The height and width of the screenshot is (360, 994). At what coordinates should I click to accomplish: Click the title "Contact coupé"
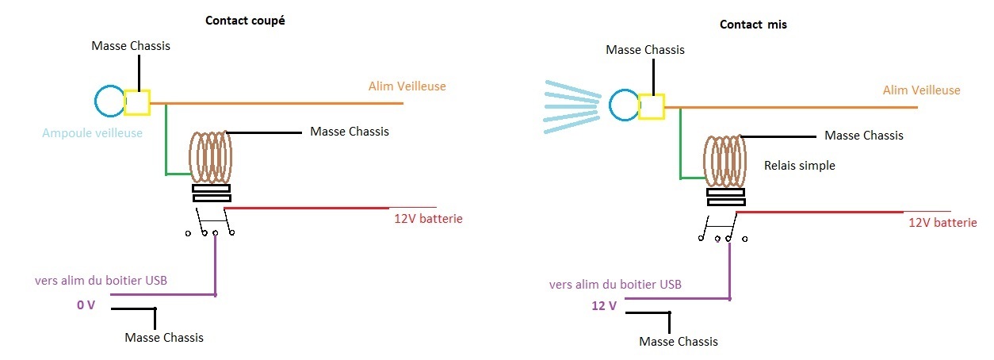click(x=245, y=21)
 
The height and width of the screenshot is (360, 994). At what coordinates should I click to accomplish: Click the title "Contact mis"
click(x=753, y=25)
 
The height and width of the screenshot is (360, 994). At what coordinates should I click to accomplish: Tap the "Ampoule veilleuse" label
click(x=92, y=133)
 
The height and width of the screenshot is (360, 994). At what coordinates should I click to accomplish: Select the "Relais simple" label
click(x=799, y=166)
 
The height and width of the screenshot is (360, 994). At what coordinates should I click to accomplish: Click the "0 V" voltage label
click(x=86, y=305)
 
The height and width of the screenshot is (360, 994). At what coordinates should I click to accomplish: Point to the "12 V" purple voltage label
click(x=603, y=305)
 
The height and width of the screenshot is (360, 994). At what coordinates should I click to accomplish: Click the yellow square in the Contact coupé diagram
click(x=136, y=102)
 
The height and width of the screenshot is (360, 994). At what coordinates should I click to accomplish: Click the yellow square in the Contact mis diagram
click(x=652, y=106)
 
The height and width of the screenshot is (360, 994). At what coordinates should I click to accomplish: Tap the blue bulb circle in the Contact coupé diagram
click(x=95, y=101)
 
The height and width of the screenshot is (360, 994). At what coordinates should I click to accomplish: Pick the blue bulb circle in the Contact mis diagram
click(x=610, y=105)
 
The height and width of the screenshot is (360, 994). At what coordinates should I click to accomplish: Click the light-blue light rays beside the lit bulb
click(x=572, y=106)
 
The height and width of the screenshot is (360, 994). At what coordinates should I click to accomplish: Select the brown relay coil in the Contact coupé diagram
click(x=211, y=157)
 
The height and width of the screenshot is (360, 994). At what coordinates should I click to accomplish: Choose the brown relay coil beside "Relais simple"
click(x=725, y=162)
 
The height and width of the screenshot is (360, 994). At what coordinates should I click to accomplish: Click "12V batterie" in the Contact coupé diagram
click(x=428, y=219)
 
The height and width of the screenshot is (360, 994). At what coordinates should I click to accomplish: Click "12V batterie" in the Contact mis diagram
click(x=942, y=223)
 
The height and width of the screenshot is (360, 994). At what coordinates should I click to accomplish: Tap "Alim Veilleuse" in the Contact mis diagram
click(x=921, y=90)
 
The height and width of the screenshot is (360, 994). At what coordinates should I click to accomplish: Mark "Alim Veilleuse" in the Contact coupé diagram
click(x=407, y=86)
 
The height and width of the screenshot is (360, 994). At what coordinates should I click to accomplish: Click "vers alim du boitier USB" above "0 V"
click(x=101, y=281)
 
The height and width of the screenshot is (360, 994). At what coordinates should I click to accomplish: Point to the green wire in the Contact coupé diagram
click(x=166, y=147)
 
